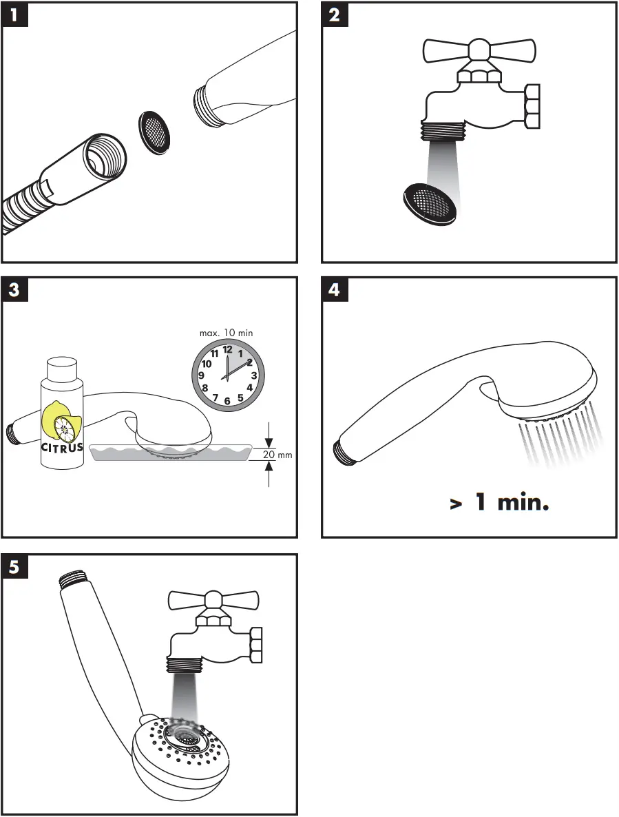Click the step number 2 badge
tap(335, 14)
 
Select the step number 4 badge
tap(335, 290)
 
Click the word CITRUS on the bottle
tap(61, 447)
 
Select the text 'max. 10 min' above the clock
tap(226, 333)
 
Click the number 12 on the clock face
tap(227, 349)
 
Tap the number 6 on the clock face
tap(227, 400)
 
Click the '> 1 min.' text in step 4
tap(499, 503)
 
